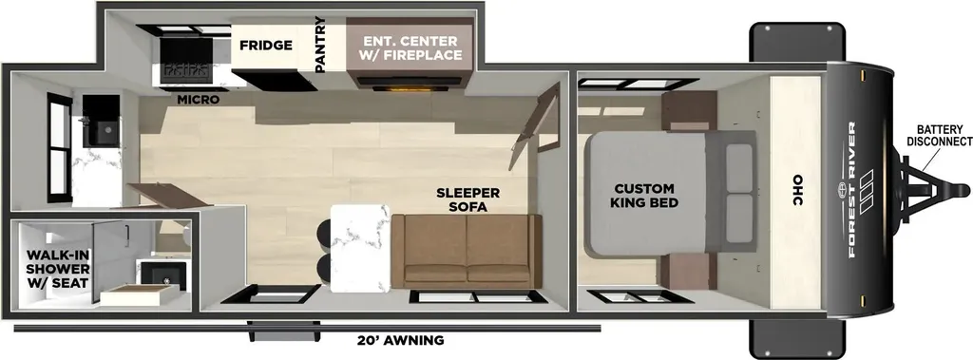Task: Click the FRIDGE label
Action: tap(266, 46)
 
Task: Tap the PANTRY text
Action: tap(320, 45)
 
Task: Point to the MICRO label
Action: tap(198, 100)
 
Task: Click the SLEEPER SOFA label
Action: tap(467, 199)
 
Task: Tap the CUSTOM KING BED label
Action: tap(644, 195)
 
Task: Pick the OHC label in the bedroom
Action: tap(797, 191)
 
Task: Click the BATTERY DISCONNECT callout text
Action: tap(940, 135)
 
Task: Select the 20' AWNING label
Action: tap(401, 340)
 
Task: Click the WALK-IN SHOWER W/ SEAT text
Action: tap(58, 269)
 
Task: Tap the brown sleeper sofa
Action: tap(467, 251)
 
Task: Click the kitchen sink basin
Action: tap(101, 130)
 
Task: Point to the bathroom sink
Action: tap(162, 275)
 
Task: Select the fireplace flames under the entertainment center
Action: tap(412, 88)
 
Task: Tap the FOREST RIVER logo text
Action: tap(852, 190)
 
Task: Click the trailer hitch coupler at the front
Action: tap(959, 190)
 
